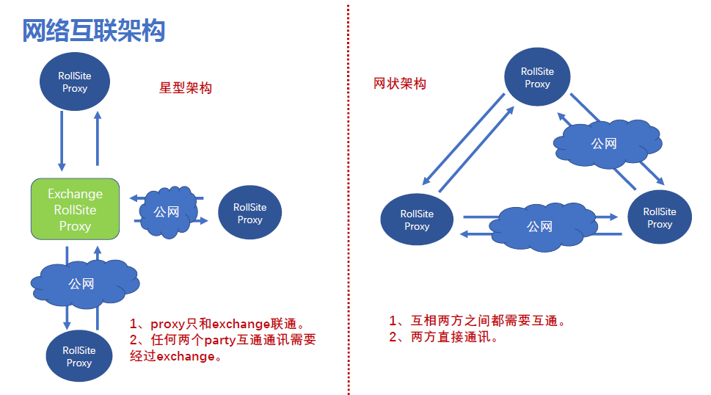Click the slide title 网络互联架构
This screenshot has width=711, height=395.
point(94,30)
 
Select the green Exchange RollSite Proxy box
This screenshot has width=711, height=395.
point(75,209)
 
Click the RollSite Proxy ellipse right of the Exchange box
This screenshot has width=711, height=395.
point(249,213)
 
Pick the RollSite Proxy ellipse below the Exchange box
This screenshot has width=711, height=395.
point(79,356)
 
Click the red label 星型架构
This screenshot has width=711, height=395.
point(186,88)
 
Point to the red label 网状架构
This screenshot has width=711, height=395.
point(400,84)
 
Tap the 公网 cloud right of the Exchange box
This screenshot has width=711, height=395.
point(167,211)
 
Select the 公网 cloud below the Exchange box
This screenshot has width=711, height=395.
point(81,283)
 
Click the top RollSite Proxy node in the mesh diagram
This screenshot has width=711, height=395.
point(537,78)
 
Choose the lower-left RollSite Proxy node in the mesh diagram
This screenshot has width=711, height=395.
point(417,220)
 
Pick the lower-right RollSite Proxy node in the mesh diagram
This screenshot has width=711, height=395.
point(660,217)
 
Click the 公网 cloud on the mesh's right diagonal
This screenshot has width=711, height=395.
point(604,143)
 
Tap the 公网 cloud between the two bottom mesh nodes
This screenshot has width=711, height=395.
point(539,226)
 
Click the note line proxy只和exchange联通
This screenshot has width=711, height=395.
point(216,324)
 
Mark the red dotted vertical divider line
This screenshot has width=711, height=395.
point(348,198)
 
